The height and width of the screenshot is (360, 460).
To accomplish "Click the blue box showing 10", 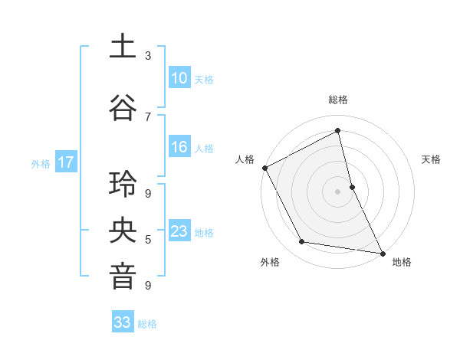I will (179, 77).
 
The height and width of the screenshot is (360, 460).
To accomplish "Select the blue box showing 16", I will (179, 147).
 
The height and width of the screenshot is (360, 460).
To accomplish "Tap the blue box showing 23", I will (179, 231).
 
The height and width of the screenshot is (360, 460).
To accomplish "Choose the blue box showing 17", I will (65, 162).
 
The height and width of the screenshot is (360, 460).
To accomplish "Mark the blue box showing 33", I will (123, 322).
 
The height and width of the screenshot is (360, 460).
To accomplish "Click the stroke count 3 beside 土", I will (148, 56).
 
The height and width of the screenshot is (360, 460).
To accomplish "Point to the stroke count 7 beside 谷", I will (148, 116).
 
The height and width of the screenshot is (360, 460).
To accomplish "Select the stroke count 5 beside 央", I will (148, 240).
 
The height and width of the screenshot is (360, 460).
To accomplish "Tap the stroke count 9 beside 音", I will (148, 286).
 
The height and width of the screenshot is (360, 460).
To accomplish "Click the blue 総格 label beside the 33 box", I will (147, 324).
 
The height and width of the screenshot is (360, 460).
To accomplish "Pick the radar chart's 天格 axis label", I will (432, 159).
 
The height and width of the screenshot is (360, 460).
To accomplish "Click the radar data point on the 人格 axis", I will (264, 168).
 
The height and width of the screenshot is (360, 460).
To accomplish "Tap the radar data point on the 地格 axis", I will (382, 252).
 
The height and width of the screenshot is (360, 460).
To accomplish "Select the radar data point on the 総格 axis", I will (338, 130).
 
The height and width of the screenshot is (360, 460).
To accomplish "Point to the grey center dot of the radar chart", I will (337, 191).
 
